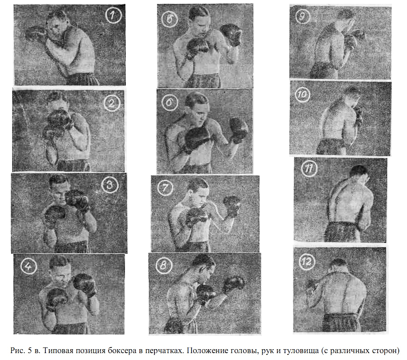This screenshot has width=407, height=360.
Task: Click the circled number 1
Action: (113, 15)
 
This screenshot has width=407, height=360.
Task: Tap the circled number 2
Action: (112, 103)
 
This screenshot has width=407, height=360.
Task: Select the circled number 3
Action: (109, 185)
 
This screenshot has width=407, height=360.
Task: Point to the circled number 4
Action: (29, 266)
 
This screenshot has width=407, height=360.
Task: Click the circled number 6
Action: (169, 103)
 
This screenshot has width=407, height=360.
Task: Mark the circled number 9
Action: (302, 16)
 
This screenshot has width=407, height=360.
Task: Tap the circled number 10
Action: (303, 94)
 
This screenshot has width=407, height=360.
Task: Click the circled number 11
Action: (309, 169)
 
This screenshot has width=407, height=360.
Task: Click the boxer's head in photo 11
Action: (359, 175)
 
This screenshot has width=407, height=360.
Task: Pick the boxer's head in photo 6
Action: (197, 107)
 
